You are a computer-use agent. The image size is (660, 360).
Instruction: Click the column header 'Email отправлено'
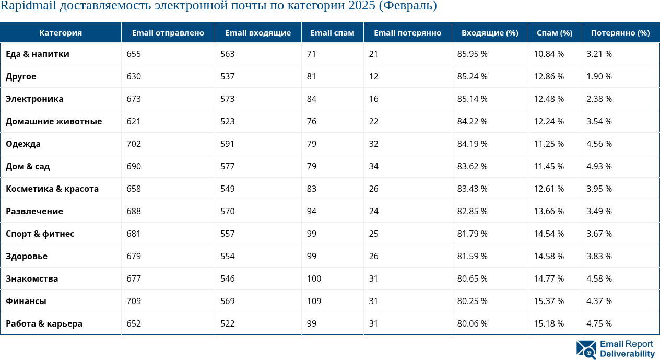click(x=168, y=33)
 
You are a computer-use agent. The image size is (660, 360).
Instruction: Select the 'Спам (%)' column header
click(x=554, y=33)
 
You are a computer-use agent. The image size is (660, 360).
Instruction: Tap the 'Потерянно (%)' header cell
click(x=620, y=33)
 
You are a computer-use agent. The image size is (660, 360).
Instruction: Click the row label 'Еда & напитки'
click(x=38, y=54)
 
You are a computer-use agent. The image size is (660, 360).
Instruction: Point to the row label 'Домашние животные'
click(x=54, y=122)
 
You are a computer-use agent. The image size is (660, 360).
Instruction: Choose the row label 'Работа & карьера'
click(x=44, y=324)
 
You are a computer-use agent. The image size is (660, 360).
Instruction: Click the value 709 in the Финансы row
click(x=134, y=301)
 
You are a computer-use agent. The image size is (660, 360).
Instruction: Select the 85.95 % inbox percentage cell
click(x=472, y=54)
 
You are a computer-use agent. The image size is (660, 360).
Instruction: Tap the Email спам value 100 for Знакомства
click(x=314, y=279)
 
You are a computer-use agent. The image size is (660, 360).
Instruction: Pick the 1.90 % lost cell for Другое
click(x=599, y=77)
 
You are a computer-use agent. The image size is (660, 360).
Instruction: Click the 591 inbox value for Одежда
click(x=227, y=144)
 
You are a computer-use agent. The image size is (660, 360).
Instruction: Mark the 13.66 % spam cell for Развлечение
click(x=549, y=212)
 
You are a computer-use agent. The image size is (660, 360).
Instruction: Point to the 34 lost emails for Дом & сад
click(x=373, y=167)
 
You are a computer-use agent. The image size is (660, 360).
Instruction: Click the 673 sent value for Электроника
click(x=134, y=99)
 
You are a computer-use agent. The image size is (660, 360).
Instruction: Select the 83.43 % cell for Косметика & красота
click(x=472, y=189)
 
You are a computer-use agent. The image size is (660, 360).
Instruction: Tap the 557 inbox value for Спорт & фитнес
click(x=227, y=234)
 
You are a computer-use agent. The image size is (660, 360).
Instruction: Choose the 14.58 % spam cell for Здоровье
click(x=549, y=257)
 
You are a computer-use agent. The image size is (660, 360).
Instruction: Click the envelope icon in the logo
click(x=586, y=350)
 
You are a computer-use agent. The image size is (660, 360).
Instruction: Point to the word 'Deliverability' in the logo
click(x=627, y=354)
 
